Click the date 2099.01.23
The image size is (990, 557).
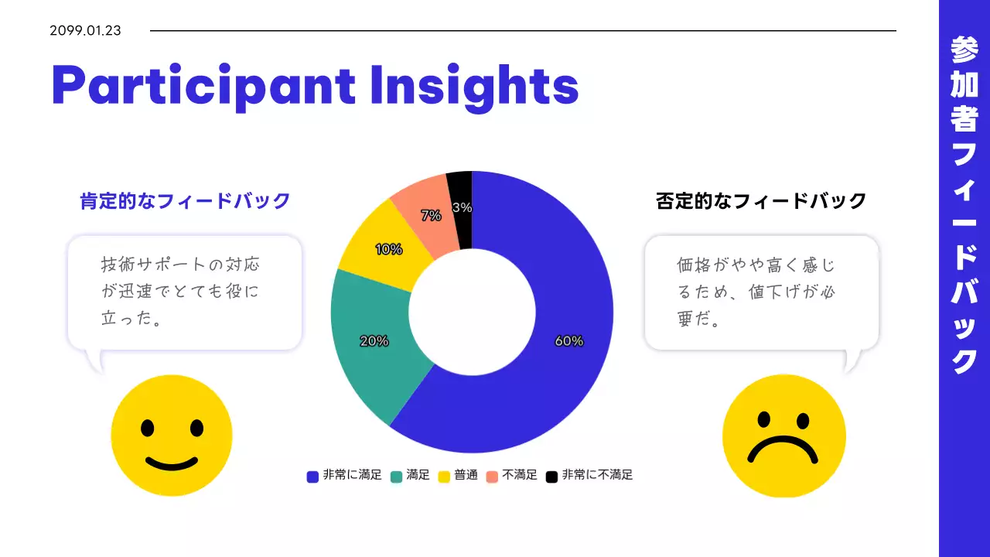click(x=85, y=31)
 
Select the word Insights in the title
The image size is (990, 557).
click(x=474, y=86)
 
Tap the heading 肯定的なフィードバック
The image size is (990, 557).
click(x=185, y=201)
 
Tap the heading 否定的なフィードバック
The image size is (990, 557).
click(x=761, y=201)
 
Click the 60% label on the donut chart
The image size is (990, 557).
click(x=568, y=341)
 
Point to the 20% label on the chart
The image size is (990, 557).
click(x=374, y=341)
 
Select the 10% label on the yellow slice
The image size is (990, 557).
click(x=388, y=249)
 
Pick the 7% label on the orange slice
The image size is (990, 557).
click(x=431, y=217)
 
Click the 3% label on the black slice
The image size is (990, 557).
click(x=462, y=207)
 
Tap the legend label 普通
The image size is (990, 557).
click(x=466, y=475)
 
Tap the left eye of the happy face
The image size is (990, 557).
click(x=146, y=427)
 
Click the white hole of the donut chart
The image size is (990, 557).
click(x=472, y=313)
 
